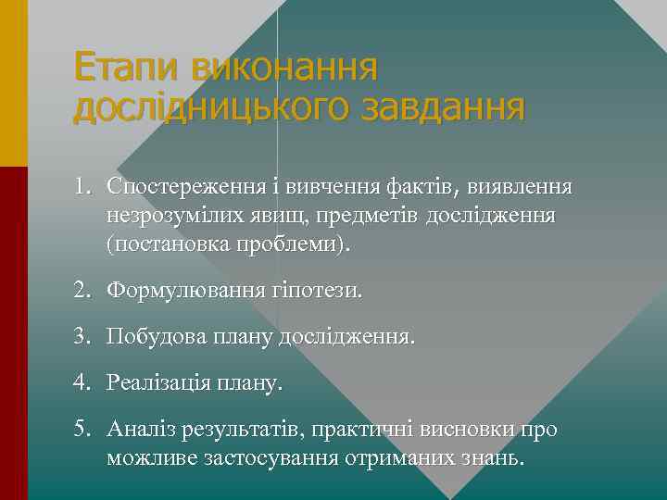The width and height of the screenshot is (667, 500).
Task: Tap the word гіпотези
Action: (x=321, y=291)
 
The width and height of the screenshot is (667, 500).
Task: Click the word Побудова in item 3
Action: (x=148, y=336)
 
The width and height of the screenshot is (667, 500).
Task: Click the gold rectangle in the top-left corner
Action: (x=14, y=83)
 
